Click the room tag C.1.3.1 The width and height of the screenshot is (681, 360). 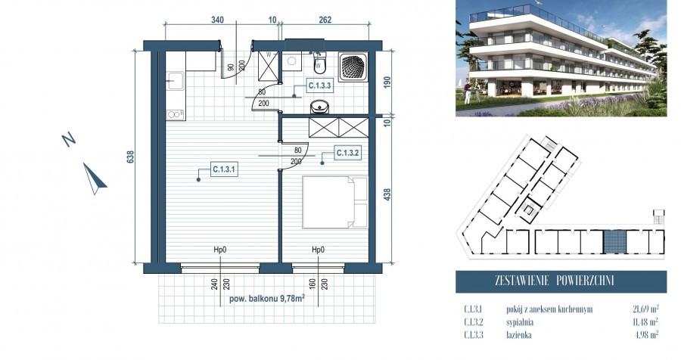click(224, 169)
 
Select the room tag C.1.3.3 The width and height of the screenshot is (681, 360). click(320, 87)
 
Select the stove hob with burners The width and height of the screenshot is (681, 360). click(175, 114)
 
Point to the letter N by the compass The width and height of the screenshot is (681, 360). click(69, 139)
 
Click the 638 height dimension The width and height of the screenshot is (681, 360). click(131, 157)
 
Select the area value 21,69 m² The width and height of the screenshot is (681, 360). click(644, 309)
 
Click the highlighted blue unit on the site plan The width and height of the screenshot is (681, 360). click(614, 241)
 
